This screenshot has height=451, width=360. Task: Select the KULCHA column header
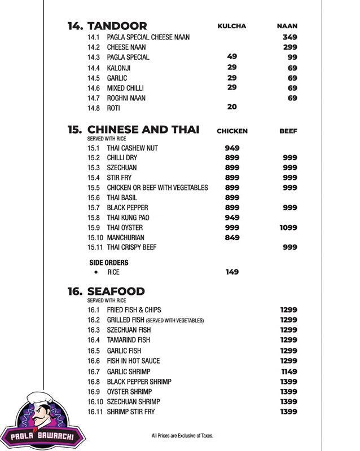[232, 26]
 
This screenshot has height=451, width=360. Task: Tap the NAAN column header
[287, 26]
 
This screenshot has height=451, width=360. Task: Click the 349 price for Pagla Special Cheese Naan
[290, 37]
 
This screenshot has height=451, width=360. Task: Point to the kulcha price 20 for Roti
[232, 107]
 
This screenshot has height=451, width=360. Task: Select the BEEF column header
[288, 131]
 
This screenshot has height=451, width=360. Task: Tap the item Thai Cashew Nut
[132, 148]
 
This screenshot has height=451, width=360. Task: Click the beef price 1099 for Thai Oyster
[288, 227]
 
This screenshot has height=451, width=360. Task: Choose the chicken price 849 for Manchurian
[232, 237]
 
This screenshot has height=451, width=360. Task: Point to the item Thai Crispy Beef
[131, 247]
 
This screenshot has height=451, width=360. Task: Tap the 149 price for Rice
[232, 272]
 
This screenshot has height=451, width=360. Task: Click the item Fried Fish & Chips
[134, 310]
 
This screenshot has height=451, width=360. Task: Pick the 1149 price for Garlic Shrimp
[288, 372]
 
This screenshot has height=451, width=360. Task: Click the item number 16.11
[96, 412]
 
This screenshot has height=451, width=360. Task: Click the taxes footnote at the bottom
[183, 436]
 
